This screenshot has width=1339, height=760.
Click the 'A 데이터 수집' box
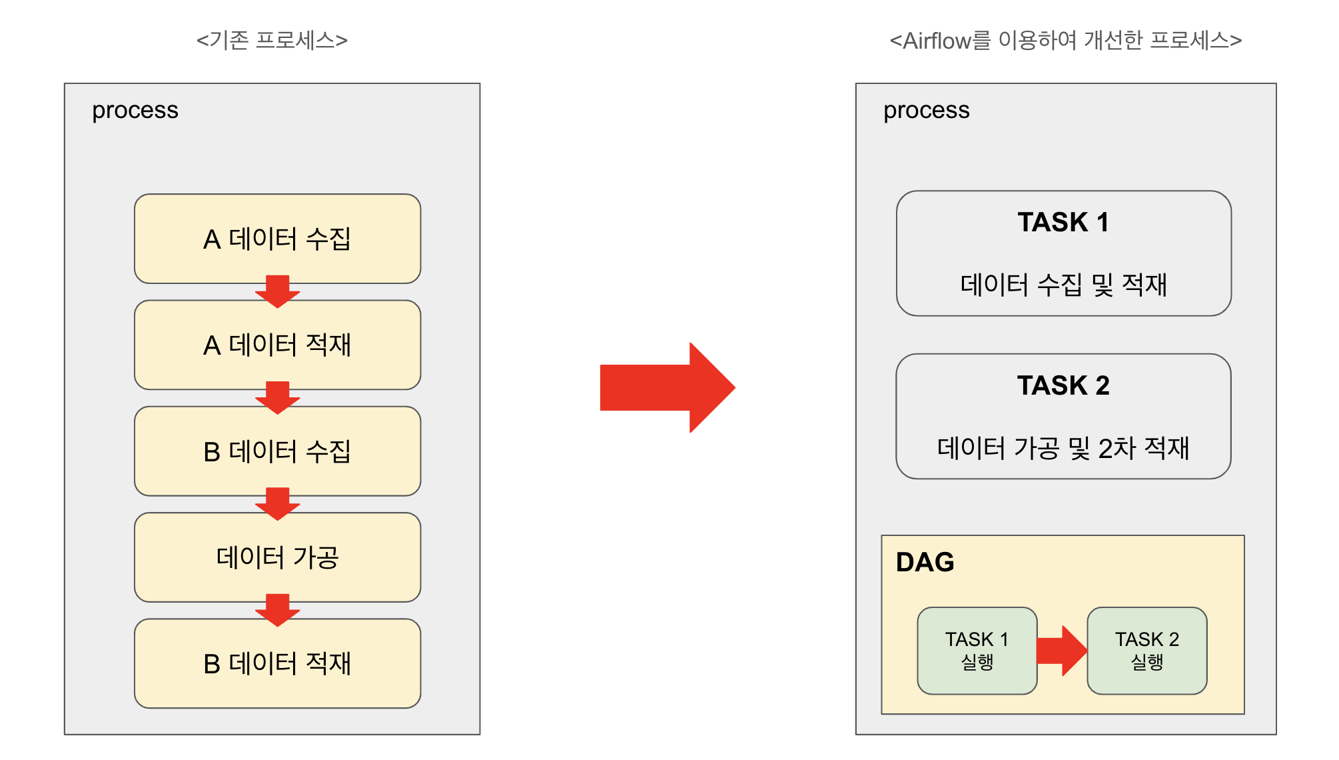(277, 238)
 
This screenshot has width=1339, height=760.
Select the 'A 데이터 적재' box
(277, 345)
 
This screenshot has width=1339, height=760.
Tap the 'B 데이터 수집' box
(277, 451)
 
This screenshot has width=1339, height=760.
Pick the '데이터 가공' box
(277, 557)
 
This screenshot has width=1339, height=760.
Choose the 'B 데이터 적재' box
(277, 663)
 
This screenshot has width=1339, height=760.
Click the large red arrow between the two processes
(666, 387)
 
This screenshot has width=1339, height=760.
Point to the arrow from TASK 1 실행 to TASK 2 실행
(1062, 651)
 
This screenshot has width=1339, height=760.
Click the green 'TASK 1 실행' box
(977, 651)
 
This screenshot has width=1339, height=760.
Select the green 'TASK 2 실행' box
(1146, 651)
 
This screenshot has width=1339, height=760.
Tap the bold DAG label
(925, 562)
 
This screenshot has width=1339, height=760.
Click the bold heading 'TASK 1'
(1063, 222)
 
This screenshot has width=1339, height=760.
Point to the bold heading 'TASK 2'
(1063, 385)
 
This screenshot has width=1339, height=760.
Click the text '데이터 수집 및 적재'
(1063, 285)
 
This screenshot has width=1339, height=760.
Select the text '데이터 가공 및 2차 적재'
(1063, 448)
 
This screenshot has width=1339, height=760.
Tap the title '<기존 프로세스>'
(272, 41)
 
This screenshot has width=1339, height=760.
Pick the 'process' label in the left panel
(135, 110)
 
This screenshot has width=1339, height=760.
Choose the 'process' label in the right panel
(926, 110)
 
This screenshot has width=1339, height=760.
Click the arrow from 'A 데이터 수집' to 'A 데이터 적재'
(277, 291)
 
